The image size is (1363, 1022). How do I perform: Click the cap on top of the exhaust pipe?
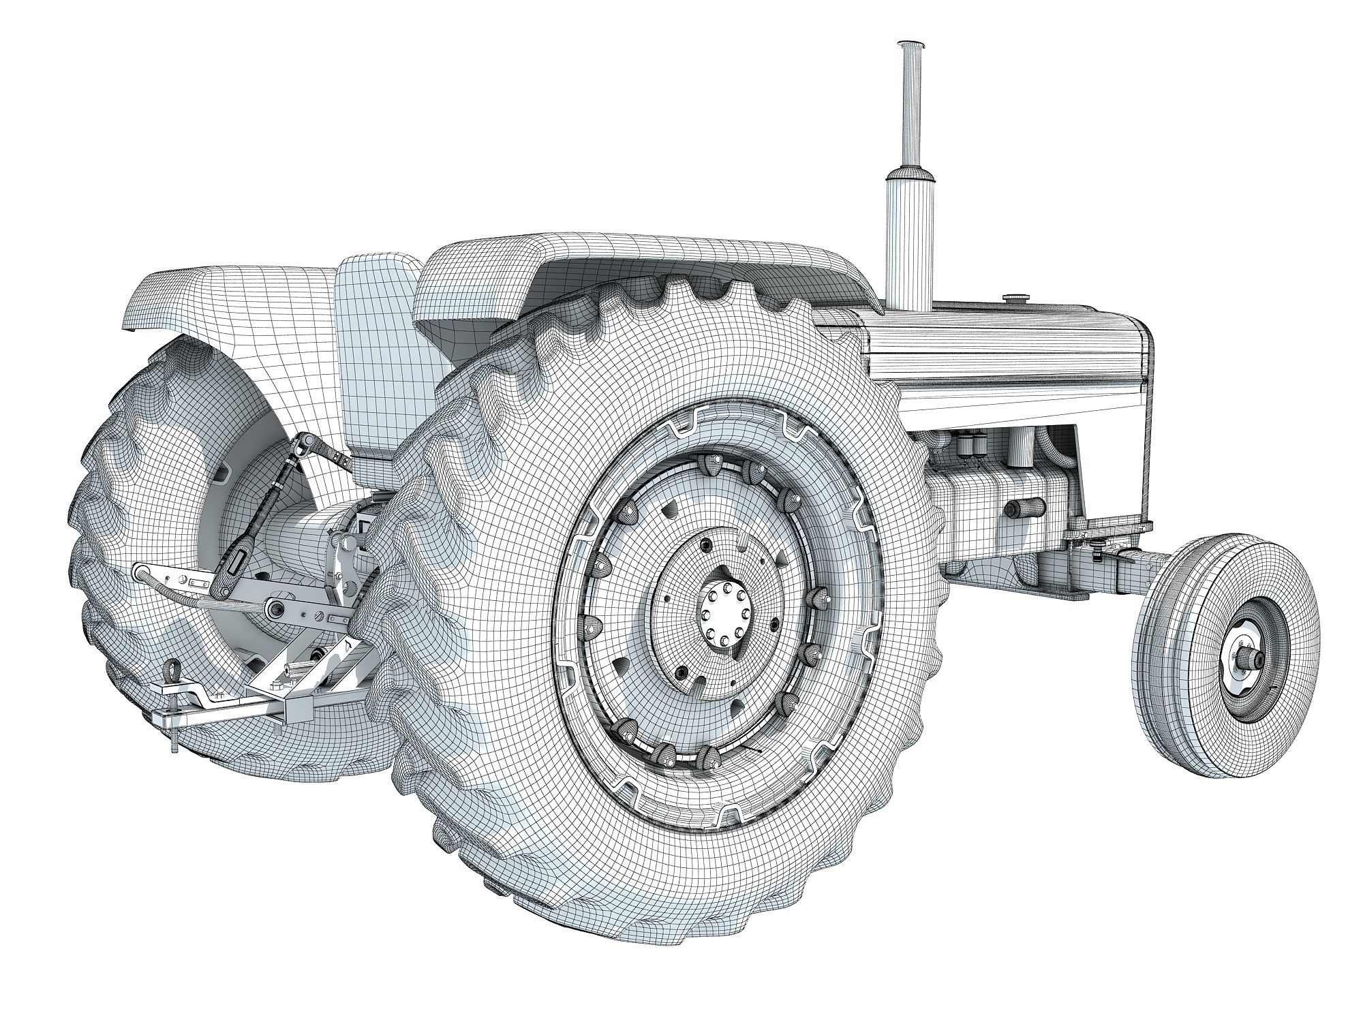click(x=911, y=46)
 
